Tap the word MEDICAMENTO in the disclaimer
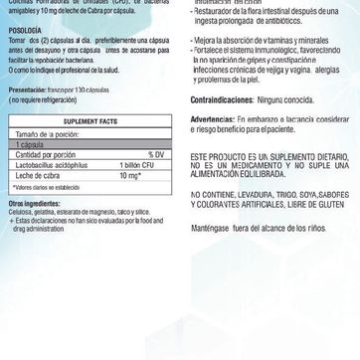(249, 194)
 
